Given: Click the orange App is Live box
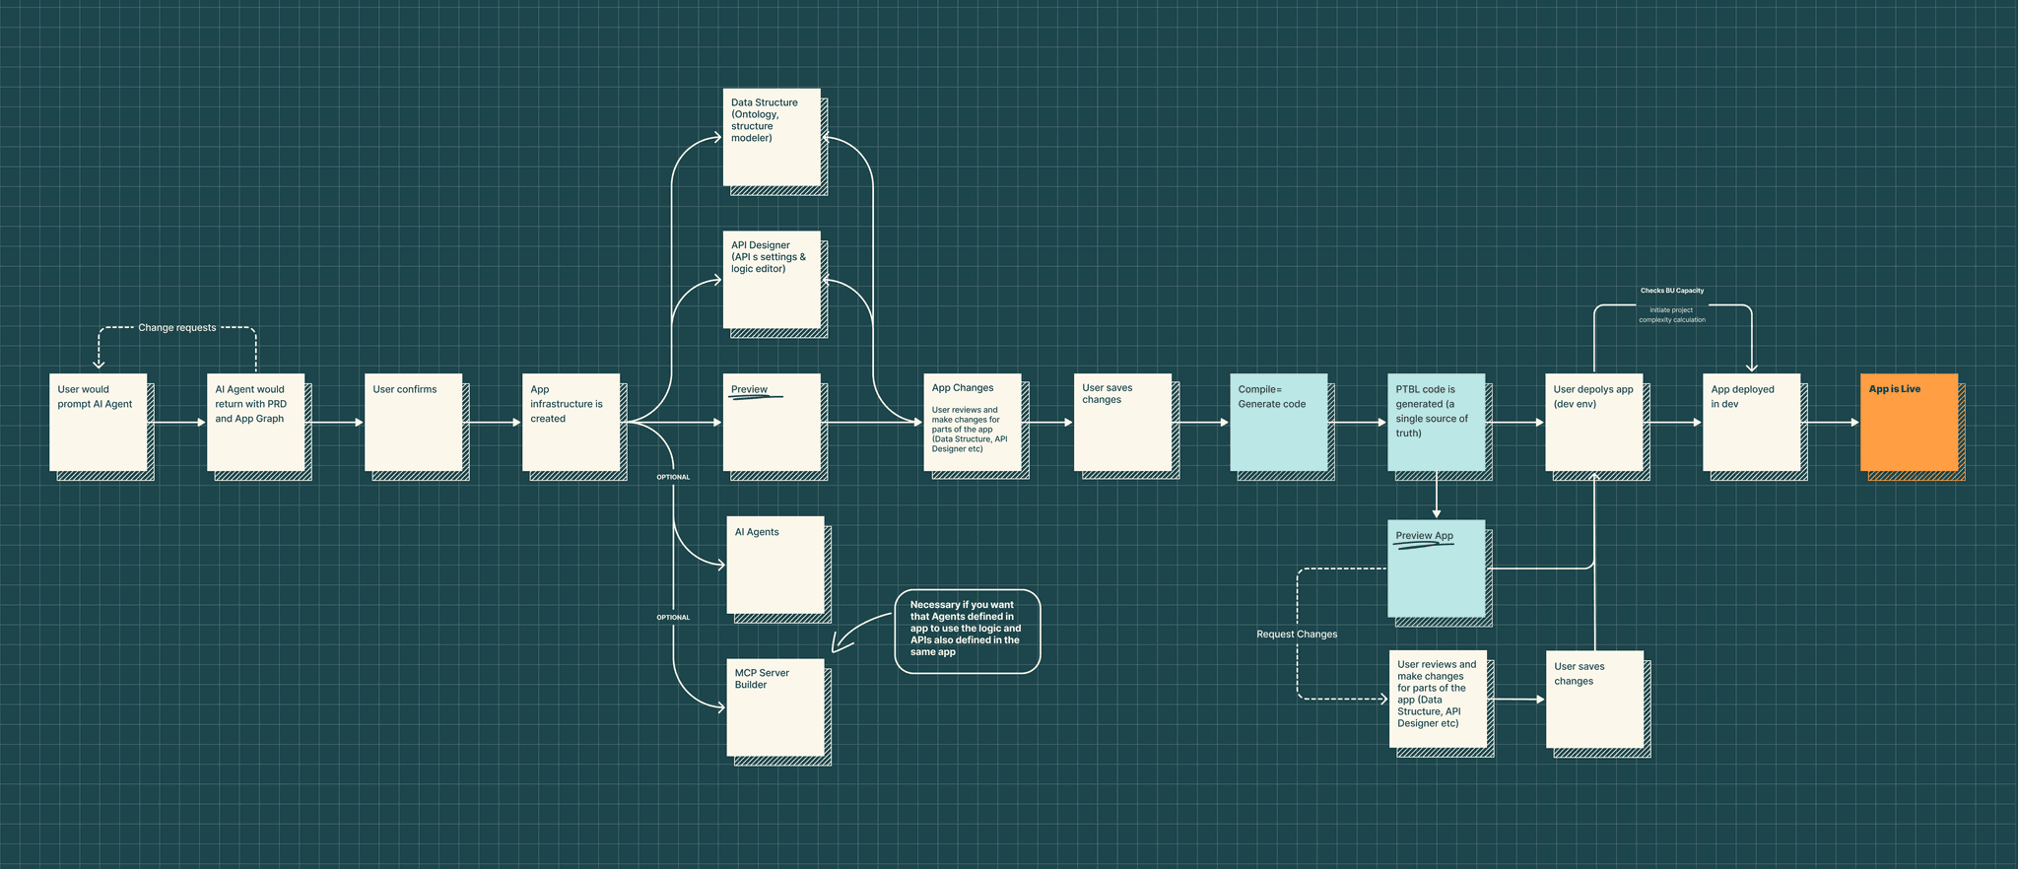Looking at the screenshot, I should pos(1909,422).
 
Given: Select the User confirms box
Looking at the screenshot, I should pos(413,422).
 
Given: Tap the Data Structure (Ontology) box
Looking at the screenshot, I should pos(772,137).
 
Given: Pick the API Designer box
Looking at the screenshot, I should pos(772,280).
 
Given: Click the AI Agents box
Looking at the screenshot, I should pos(775,565).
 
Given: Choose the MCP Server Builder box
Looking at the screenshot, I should pos(775,707).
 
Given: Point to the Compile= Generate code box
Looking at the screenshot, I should pos(1278,422).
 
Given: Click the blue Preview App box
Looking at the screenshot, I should pos(1436,568).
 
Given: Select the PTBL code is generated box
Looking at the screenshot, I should pos(1436,422).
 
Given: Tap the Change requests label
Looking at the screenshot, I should pos(177,328).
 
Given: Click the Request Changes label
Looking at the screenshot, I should pos(1297,635).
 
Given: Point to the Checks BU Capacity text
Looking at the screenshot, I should pos(1672,291).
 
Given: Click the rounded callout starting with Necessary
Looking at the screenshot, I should pos(967,632).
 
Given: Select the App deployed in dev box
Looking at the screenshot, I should pos(1751,422).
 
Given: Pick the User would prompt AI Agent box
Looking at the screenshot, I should pos(98,422).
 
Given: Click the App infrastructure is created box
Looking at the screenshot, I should pos(571,422).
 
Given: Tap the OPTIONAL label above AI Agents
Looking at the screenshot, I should pos(673,477).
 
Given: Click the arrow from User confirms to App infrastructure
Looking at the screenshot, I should pos(492,423).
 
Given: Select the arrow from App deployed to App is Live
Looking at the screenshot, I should pos(1830,423).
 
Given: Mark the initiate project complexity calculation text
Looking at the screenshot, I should pos(1672,315).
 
